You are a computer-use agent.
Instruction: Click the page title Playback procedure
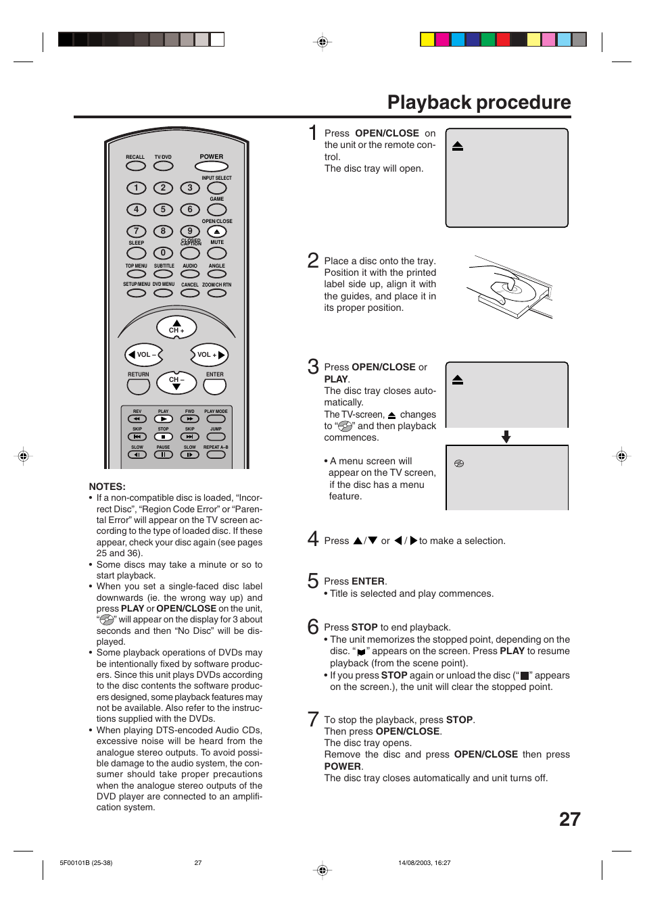coord(479,102)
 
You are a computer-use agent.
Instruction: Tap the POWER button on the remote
coord(211,166)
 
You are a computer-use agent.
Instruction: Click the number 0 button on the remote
coord(163,253)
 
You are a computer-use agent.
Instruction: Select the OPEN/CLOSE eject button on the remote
coord(216,232)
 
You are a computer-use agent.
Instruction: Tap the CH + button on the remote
coord(176,328)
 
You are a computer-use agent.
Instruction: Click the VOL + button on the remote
coord(209,355)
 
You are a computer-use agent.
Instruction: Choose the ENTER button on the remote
coord(214,387)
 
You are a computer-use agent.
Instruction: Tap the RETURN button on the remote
coord(138,387)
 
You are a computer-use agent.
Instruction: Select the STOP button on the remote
coord(163,437)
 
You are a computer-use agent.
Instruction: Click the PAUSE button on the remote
coord(163,455)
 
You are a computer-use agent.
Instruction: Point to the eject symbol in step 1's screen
coord(458,146)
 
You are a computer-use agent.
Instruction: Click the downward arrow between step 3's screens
coord(506,437)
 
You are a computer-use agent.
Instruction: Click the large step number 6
coord(313,626)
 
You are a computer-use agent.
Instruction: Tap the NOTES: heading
coord(107,487)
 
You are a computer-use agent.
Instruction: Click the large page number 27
coord(569,819)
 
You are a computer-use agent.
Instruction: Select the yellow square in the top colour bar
coord(427,39)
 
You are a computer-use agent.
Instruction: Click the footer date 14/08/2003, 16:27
coord(424,862)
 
